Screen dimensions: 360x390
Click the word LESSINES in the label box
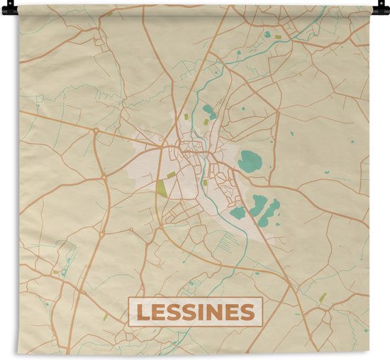point(195,312)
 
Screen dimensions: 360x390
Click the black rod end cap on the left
point(6,9)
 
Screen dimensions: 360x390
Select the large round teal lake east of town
point(250,162)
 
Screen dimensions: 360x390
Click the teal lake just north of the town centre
point(209,111)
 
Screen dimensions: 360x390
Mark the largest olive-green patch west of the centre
point(162,189)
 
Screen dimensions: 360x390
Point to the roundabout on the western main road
point(96,131)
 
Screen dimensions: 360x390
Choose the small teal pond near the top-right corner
point(267,34)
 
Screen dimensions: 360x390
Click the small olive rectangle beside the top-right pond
point(278,35)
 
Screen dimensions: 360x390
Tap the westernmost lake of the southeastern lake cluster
point(238,212)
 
